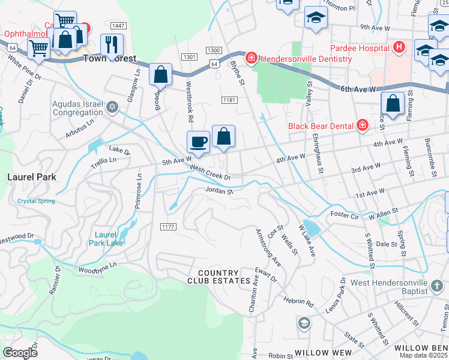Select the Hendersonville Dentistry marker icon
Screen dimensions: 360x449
click(252, 58)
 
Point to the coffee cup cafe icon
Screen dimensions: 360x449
click(198, 143)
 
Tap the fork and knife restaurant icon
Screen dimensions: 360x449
click(112, 44)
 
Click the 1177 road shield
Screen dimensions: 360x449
click(167, 226)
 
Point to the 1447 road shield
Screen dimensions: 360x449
click(118, 25)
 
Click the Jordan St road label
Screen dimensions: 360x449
click(218, 191)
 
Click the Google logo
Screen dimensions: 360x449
click(20, 352)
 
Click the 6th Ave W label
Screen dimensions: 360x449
click(357, 89)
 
